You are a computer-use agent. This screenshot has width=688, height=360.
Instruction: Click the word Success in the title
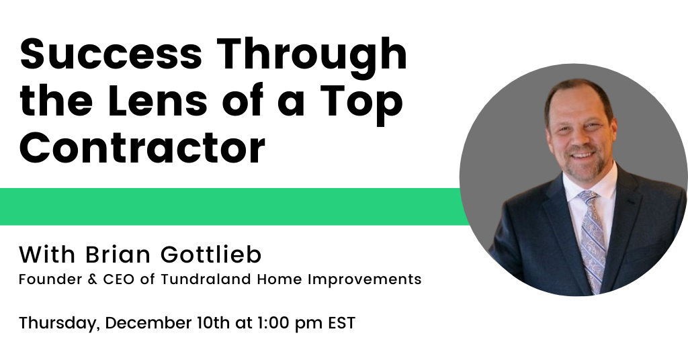(x=111, y=54)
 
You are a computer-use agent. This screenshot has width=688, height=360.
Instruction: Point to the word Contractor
(x=142, y=147)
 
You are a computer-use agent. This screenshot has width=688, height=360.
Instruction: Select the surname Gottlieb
(x=210, y=255)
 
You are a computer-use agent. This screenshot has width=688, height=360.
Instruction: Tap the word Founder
(x=50, y=279)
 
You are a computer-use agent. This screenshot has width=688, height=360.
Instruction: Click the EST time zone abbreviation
(x=342, y=323)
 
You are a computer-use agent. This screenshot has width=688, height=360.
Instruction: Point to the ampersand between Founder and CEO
(x=93, y=279)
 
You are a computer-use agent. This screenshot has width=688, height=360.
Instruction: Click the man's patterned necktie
(x=592, y=240)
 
